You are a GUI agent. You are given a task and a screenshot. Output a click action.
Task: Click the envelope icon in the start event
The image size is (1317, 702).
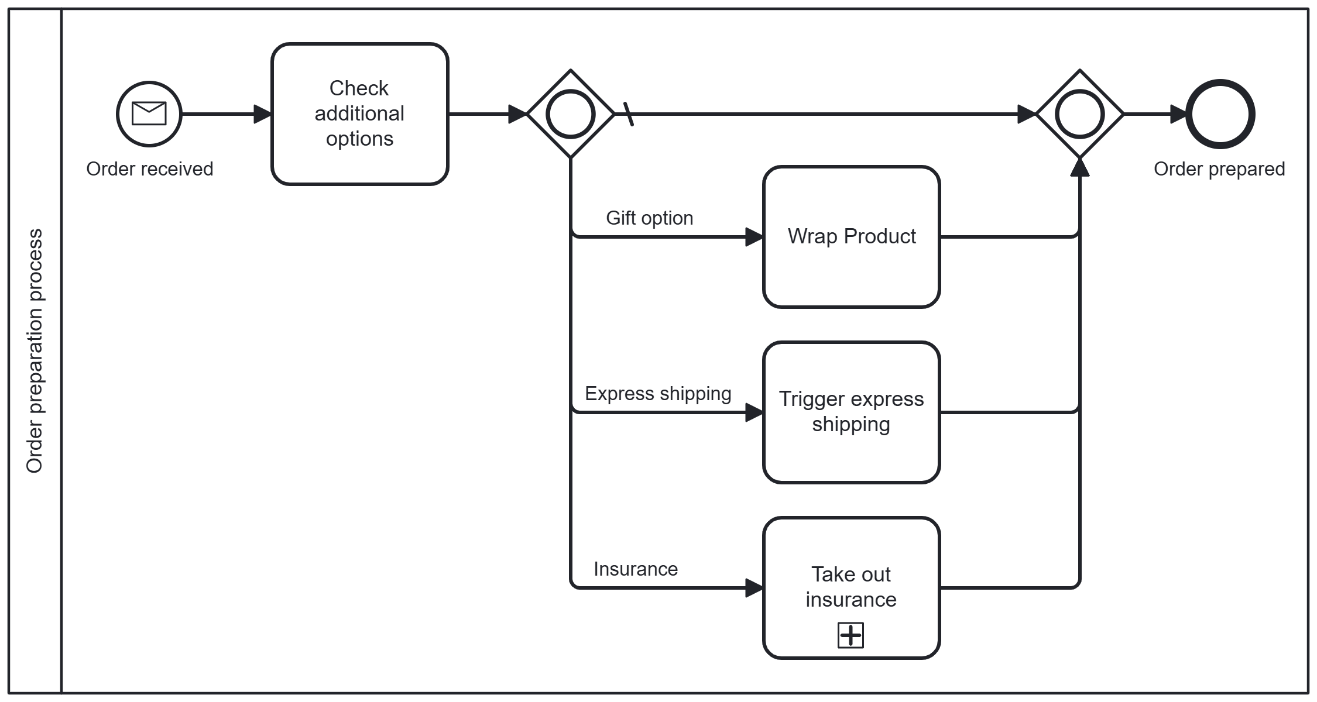pos(149,113)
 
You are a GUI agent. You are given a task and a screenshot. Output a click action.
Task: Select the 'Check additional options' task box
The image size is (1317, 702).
pos(359,114)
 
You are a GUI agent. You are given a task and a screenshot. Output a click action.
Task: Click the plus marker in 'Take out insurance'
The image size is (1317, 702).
pos(850,635)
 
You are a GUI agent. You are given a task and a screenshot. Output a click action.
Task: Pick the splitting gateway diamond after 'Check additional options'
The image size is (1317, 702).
pos(570,114)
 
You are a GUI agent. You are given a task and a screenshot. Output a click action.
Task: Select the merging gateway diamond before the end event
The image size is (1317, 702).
pos(1079,114)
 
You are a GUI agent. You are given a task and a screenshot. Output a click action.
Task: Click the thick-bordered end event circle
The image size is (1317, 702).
pos(1220,114)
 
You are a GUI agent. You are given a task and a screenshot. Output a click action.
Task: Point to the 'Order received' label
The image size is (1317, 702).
pos(149,169)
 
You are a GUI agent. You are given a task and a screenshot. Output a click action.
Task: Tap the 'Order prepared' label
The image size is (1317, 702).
pos(1219,169)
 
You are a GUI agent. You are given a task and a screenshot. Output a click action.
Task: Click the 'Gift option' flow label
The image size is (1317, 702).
pos(649,218)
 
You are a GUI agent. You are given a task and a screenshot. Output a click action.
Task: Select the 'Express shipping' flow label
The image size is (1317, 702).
pos(658,394)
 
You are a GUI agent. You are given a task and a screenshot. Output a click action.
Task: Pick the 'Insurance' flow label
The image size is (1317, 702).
pos(636,569)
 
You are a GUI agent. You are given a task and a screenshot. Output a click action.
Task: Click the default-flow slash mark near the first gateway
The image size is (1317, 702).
pos(628,114)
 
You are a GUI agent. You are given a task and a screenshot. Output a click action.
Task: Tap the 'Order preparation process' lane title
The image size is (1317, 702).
pos(35,350)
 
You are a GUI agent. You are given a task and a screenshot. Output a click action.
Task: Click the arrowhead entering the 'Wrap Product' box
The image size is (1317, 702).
pos(754,237)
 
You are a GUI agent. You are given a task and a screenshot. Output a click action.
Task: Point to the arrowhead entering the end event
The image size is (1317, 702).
pos(1178,114)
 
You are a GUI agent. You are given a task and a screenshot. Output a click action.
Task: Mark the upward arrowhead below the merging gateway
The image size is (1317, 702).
pos(1079,167)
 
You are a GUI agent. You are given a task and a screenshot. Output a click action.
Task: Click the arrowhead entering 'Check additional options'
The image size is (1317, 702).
pos(262,114)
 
